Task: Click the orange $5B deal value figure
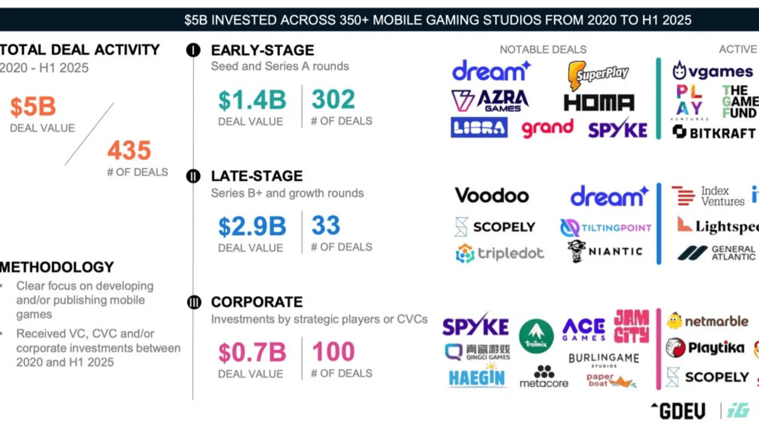tap(33, 107)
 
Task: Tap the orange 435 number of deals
tap(129, 151)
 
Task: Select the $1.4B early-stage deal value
tap(252, 100)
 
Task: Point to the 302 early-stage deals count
tap(333, 99)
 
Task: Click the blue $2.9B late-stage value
tap(252, 227)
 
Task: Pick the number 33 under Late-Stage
tap(326, 225)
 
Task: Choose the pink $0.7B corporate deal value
tap(252, 353)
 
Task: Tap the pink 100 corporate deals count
tap(333, 352)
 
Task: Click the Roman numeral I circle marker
tap(193, 50)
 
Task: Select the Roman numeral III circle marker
tap(194, 302)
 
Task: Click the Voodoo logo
tap(492, 195)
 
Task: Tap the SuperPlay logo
tap(598, 74)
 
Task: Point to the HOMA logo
tap(599, 103)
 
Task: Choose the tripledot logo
tap(500, 253)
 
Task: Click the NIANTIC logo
tap(605, 251)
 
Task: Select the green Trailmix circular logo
tap(536, 336)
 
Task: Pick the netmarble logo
tap(708, 321)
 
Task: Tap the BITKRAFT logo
tap(714, 132)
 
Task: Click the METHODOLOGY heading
tap(57, 267)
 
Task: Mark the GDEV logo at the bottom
tap(678, 411)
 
